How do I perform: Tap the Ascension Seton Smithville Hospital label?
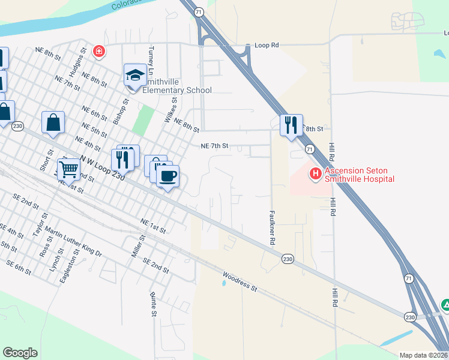pos(360,174)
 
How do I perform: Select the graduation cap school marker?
pos(135,76)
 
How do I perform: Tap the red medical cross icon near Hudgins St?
pos(98,52)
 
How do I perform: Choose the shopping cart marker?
pos(68,170)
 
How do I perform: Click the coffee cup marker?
pos(167,176)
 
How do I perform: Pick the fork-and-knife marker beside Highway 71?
pos(291,125)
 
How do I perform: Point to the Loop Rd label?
pos(267,45)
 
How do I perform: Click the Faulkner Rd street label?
pos(272,227)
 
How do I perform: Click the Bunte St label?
pos(154,305)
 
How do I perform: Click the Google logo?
pos(20,353)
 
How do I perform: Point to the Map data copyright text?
pos(424,355)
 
